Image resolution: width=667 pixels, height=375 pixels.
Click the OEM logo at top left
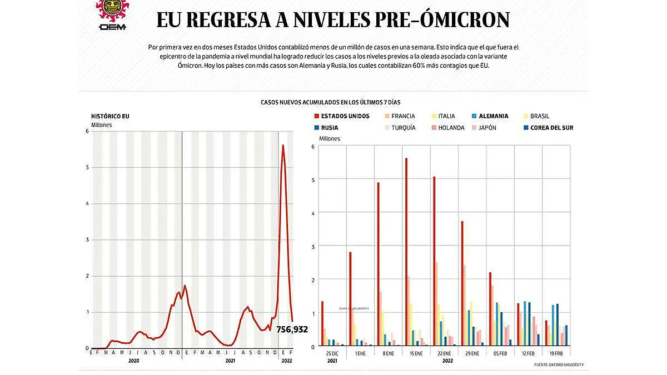tap(112, 16)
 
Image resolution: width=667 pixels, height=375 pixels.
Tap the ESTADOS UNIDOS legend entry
tap(341, 116)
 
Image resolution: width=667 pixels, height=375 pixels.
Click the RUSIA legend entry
tap(329, 128)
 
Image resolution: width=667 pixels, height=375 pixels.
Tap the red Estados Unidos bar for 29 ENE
tap(462, 283)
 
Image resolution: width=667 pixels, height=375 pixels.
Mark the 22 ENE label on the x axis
tap(444, 353)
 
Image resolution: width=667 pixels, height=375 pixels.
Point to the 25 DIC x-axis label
tap(332, 353)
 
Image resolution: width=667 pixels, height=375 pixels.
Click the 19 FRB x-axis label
tap(555, 353)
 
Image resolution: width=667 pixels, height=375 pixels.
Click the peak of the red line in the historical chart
tap(283, 146)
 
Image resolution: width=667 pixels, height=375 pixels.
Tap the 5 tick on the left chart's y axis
tap(87, 167)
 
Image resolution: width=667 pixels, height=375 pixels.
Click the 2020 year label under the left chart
tap(133, 361)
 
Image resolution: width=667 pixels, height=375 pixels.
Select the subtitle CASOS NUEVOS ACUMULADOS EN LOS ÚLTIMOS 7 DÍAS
tap(330, 103)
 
